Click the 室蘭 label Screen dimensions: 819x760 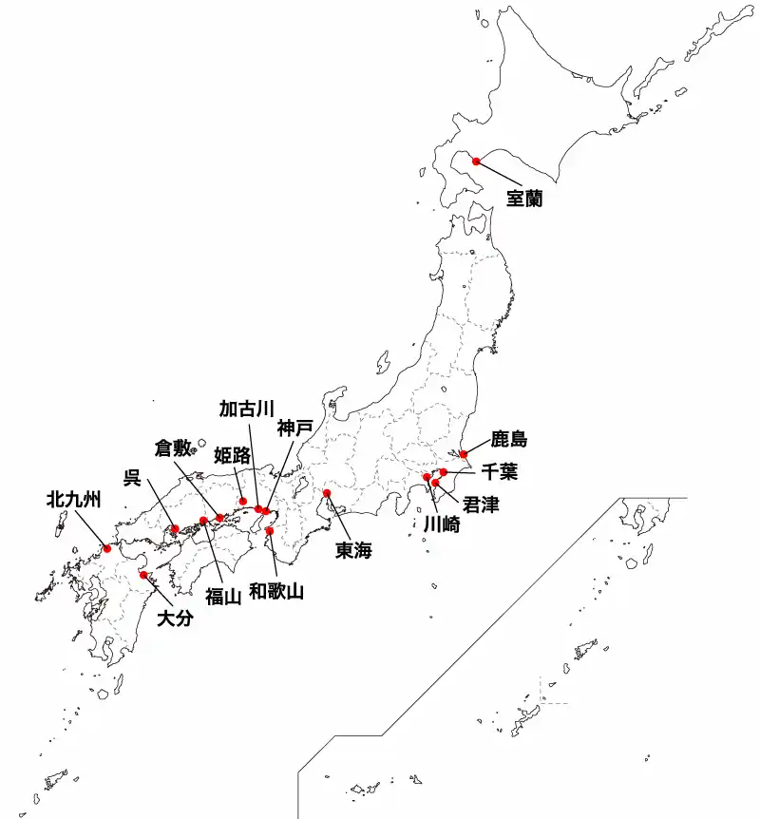[x=523, y=199]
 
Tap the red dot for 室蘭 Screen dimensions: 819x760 [x=476, y=162]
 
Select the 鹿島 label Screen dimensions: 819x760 [x=508, y=439]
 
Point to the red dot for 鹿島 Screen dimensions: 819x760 [x=464, y=454]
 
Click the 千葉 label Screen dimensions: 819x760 [x=499, y=470]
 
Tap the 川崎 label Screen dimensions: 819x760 [x=440, y=523]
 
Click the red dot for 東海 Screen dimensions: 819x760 [x=327, y=493]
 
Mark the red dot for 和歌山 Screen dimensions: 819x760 [x=270, y=531]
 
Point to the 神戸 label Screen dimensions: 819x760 [x=294, y=429]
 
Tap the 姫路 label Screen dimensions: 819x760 [x=232, y=455]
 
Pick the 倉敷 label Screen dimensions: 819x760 [x=175, y=447]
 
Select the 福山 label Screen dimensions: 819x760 [x=224, y=595]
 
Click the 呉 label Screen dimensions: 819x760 [x=131, y=476]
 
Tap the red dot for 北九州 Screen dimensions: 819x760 [x=107, y=548]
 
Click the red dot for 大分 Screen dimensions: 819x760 [x=143, y=575]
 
